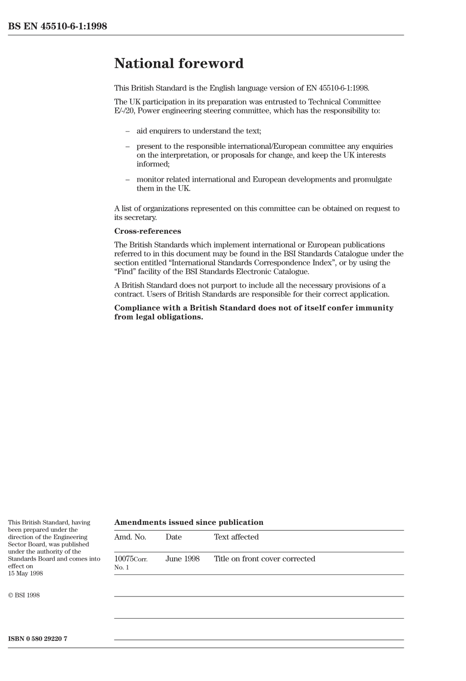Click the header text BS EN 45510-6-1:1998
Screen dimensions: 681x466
pyautogui.click(x=57, y=26)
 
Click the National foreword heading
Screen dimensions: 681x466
pyautogui.click(x=179, y=63)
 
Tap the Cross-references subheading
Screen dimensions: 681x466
pyautogui.click(x=147, y=231)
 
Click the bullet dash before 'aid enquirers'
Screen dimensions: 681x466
pyautogui.click(x=128, y=131)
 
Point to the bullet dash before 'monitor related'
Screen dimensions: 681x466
pyautogui.click(x=128, y=180)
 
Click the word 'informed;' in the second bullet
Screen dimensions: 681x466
pyautogui.click(x=153, y=164)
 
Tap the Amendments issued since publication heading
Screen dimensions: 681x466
pyautogui.click(x=188, y=522)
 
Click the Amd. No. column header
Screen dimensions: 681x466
pyautogui.click(x=130, y=537)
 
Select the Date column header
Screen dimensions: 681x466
pyautogui.click(x=174, y=537)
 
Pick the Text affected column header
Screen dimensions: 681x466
pyautogui.click(x=236, y=537)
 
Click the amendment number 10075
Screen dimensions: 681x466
pyautogui.click(x=124, y=559)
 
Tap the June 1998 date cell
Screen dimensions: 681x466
pyautogui.click(x=182, y=559)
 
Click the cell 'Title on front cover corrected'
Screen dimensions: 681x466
pyautogui.click(x=264, y=559)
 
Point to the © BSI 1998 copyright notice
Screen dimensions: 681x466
pyautogui.click(x=24, y=596)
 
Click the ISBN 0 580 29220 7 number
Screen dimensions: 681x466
pyautogui.click(x=38, y=639)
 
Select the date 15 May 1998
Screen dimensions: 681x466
pyautogui.click(x=26, y=573)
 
